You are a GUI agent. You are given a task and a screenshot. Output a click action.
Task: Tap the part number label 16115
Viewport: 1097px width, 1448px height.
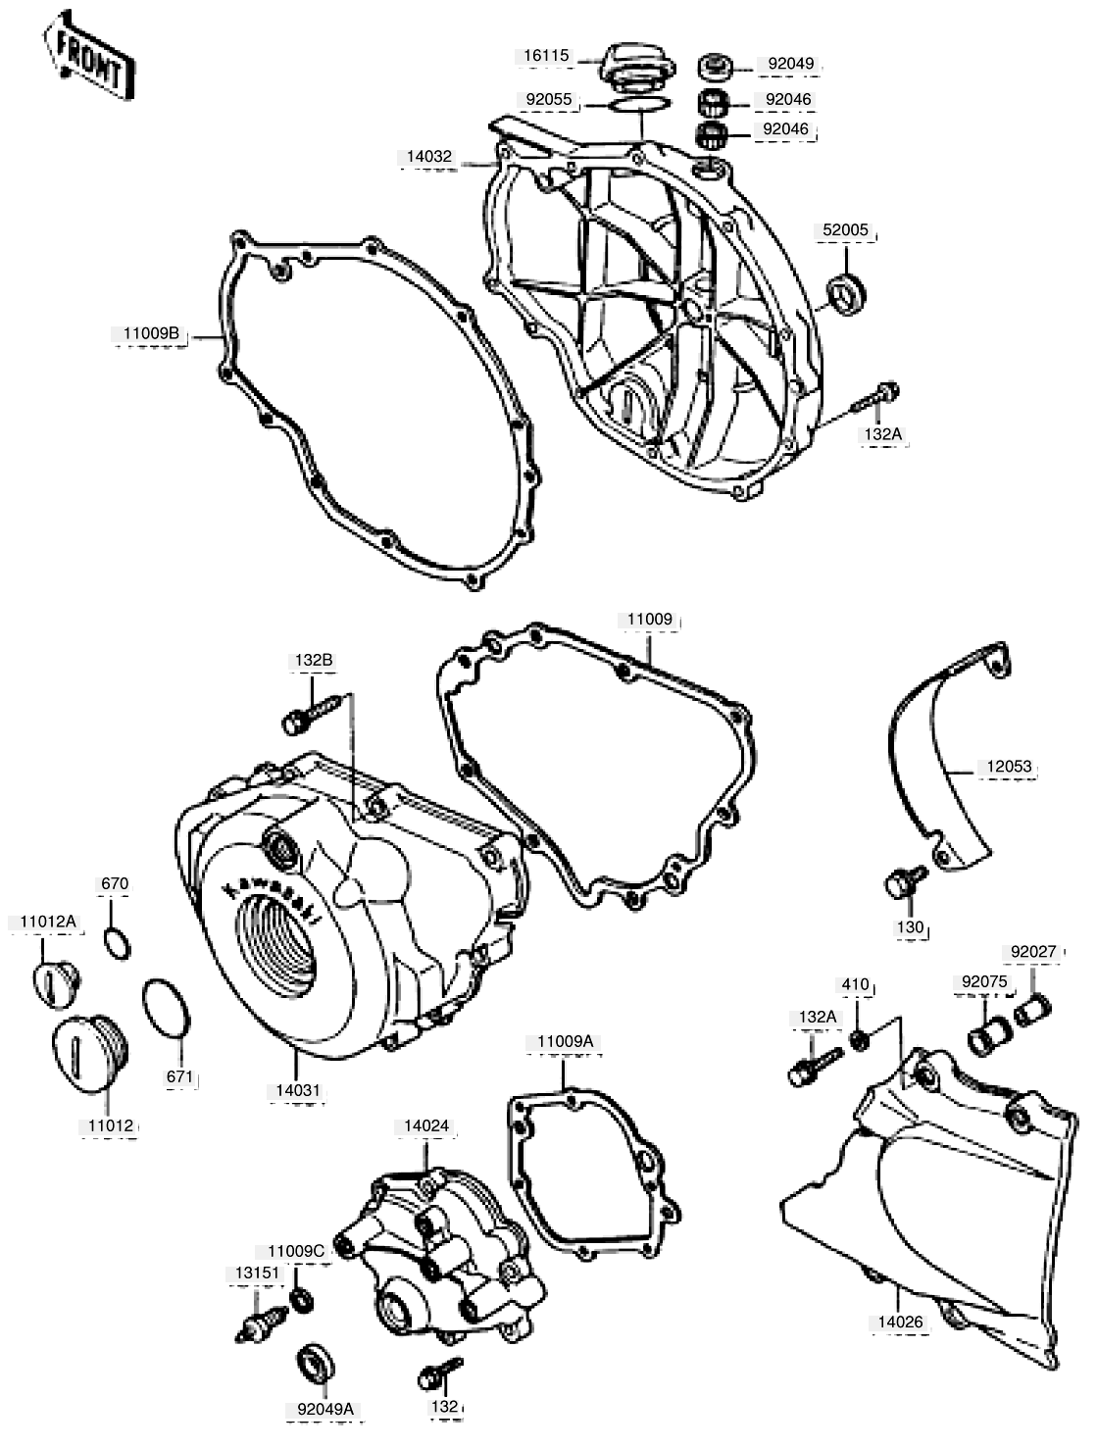tap(545, 56)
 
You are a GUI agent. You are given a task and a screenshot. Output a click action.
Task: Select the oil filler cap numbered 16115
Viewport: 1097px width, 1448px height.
tap(636, 66)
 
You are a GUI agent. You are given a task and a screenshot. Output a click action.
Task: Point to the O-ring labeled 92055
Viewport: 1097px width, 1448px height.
tap(639, 104)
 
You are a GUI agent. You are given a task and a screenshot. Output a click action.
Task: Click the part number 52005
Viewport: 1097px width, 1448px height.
tap(845, 230)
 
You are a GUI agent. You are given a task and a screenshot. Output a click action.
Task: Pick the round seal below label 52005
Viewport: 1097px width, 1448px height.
tap(847, 293)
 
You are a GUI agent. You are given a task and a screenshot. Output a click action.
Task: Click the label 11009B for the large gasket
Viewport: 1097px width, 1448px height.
tap(151, 333)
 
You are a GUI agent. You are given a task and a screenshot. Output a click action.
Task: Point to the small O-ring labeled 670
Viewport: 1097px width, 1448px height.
tap(117, 943)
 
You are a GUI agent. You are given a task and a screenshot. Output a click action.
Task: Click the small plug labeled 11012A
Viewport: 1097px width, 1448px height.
tap(56, 985)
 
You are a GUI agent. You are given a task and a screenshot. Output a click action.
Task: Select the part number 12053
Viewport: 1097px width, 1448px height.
tap(1009, 767)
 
